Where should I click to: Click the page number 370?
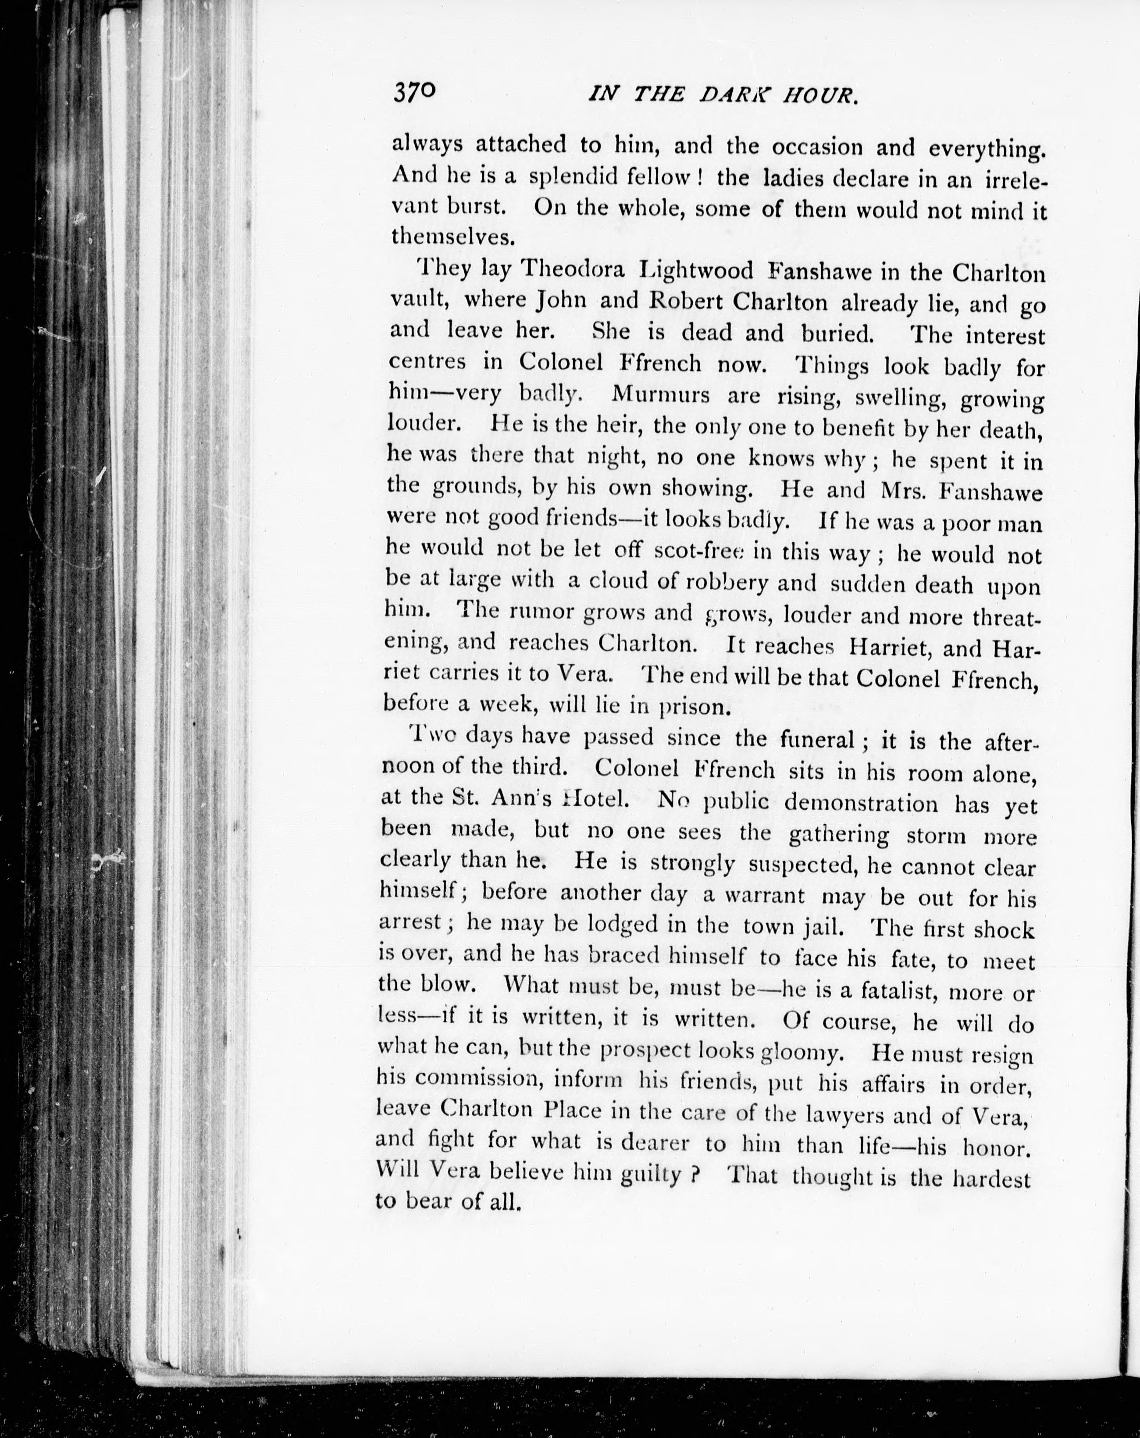tap(414, 92)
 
